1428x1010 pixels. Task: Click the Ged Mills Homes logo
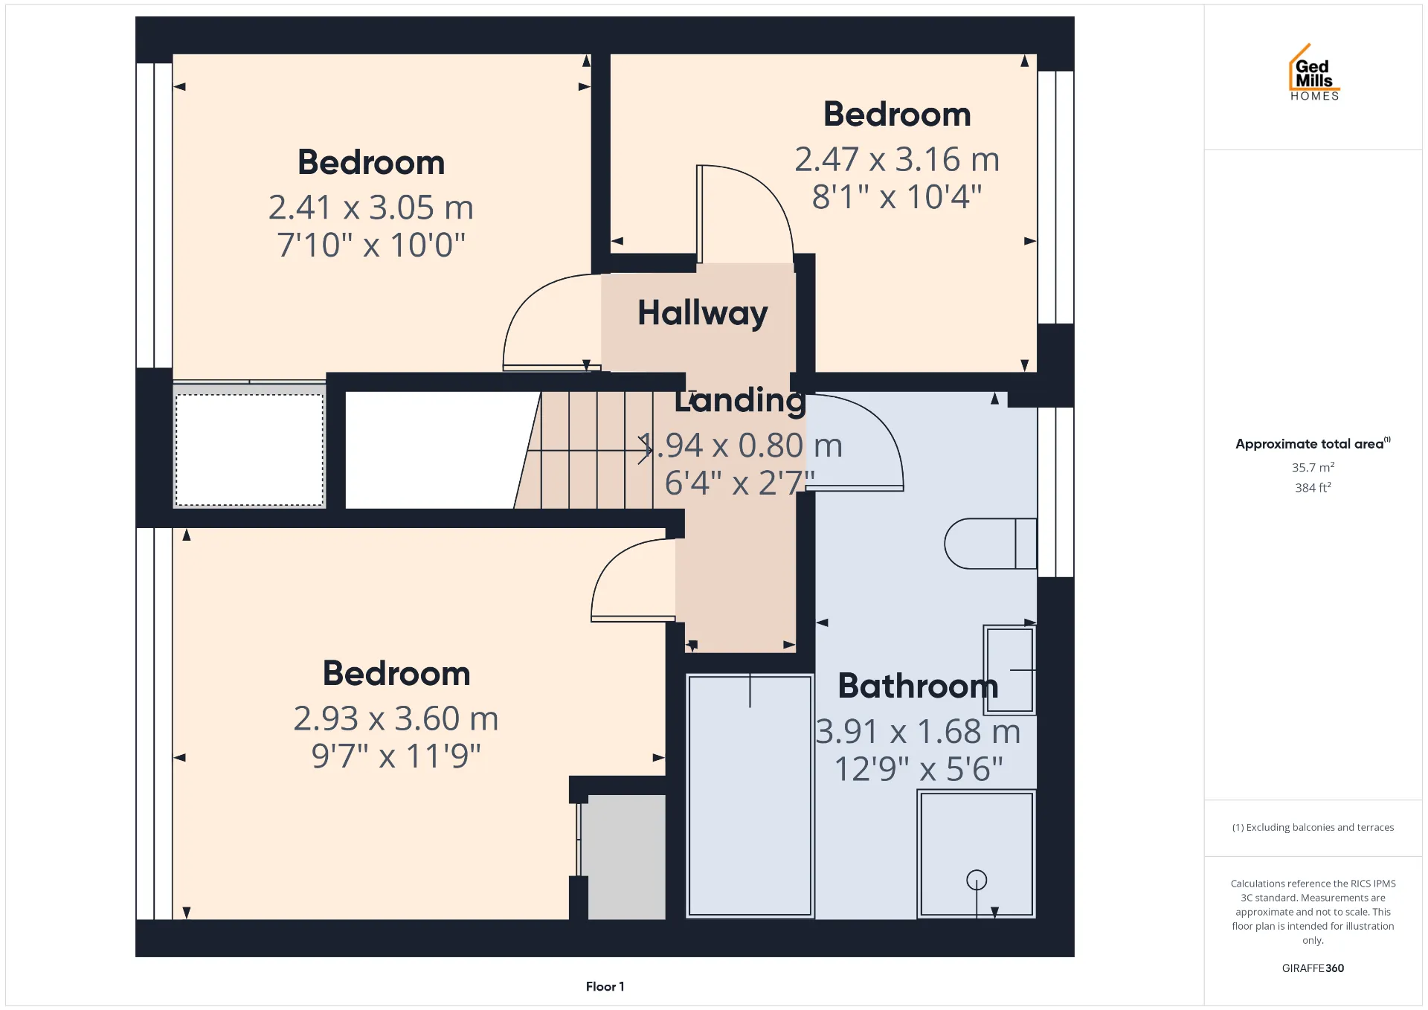pos(1314,72)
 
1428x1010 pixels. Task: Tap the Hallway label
pos(703,313)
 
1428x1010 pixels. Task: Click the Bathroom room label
pos(918,686)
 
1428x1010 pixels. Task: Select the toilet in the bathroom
pos(990,544)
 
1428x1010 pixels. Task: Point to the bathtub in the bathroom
pos(750,795)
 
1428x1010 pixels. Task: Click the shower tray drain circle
pos(977,881)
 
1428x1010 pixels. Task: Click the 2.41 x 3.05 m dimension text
pos(371,208)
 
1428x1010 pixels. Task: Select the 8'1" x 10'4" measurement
pos(897,197)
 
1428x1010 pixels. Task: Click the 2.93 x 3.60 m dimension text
pos(396,718)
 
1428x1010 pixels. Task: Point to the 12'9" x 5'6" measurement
pos(919,769)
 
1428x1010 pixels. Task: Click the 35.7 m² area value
pos(1313,467)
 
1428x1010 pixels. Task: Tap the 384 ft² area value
pos(1313,487)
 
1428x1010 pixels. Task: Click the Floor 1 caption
pos(605,986)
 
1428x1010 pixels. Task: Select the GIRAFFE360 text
pos(1313,968)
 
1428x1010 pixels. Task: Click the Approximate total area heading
pos(1313,443)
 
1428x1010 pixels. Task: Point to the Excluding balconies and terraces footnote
pos(1313,827)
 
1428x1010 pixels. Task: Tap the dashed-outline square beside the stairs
pos(249,450)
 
